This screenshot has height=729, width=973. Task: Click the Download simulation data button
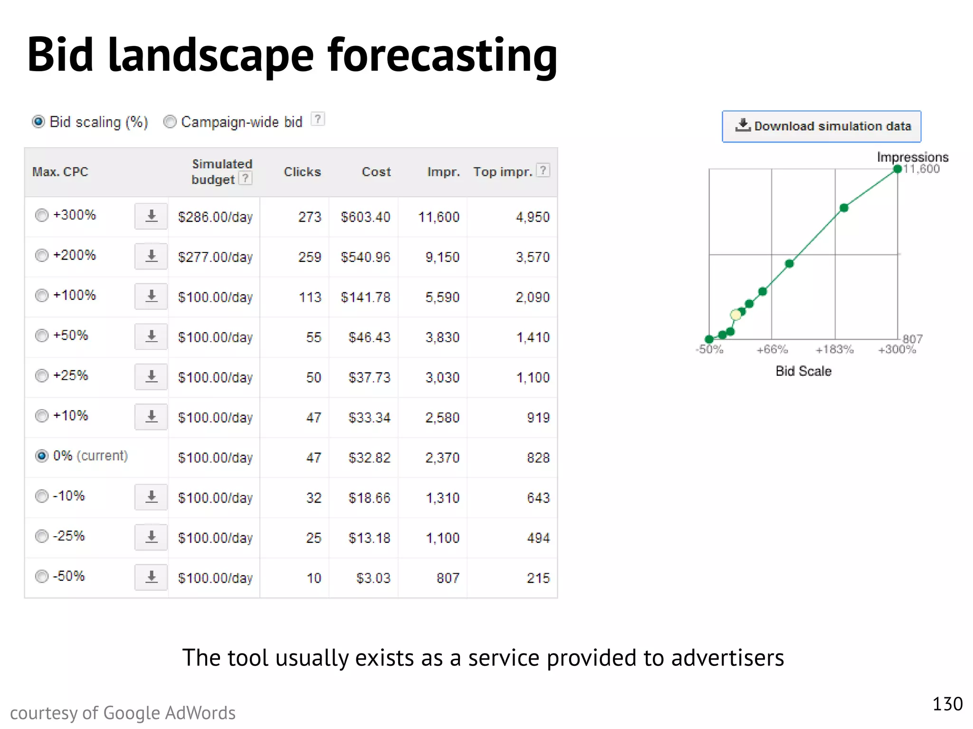pyautogui.click(x=821, y=126)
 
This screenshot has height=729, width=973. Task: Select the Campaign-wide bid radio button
pyautogui.click(x=170, y=122)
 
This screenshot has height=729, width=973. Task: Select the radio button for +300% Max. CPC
pyautogui.click(x=42, y=215)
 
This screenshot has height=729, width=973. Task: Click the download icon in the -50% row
pyautogui.click(x=151, y=577)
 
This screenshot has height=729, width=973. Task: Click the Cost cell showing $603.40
pyautogui.click(x=365, y=217)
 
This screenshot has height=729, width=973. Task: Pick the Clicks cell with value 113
pyautogui.click(x=310, y=297)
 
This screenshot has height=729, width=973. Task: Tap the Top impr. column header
pyautogui.click(x=502, y=172)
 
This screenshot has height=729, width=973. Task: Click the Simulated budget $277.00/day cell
pyautogui.click(x=215, y=257)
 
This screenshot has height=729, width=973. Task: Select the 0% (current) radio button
pyautogui.click(x=42, y=456)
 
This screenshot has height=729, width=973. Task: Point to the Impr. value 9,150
pyautogui.click(x=442, y=257)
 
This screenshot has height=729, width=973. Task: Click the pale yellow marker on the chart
pyautogui.click(x=735, y=315)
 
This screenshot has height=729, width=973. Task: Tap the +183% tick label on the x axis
pyautogui.click(x=834, y=350)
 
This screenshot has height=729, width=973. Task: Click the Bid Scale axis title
pyautogui.click(x=803, y=371)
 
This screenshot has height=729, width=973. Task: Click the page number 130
pyautogui.click(x=947, y=704)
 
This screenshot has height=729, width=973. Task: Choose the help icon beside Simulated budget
pyautogui.click(x=245, y=178)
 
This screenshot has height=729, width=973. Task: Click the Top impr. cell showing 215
pyautogui.click(x=538, y=578)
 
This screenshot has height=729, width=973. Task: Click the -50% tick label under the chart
pyautogui.click(x=709, y=350)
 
